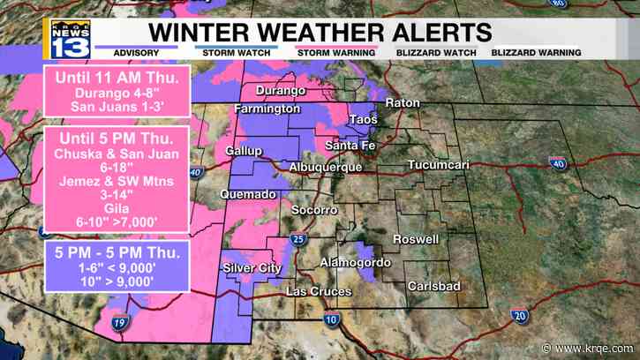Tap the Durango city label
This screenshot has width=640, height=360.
pyautogui.click(x=281, y=91)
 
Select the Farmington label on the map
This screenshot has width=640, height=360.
pyautogui.click(x=267, y=109)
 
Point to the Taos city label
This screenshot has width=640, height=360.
pyautogui.click(x=364, y=119)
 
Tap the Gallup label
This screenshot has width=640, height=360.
pyautogui.click(x=244, y=151)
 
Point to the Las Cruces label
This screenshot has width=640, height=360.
pyautogui.click(x=319, y=291)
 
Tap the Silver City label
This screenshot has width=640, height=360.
pyautogui.click(x=249, y=267)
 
